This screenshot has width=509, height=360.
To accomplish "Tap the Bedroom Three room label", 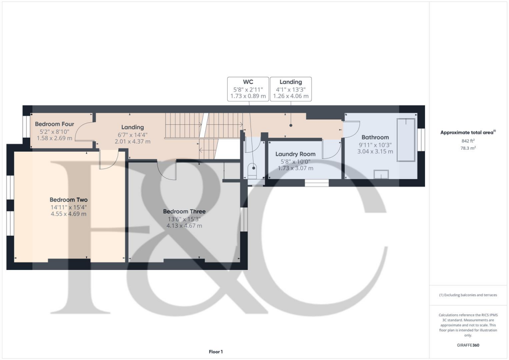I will click(184, 211).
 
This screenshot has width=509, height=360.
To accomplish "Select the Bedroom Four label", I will click(55, 124).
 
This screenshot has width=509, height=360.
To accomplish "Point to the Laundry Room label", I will click(295, 154).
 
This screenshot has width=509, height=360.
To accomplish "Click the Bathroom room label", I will click(375, 137).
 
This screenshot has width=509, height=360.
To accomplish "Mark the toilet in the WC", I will click(253, 172).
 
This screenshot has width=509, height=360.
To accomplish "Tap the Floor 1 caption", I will click(216, 352).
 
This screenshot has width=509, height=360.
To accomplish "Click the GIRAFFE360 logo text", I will click(468, 345).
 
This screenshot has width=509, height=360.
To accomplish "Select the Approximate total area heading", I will click(467, 132).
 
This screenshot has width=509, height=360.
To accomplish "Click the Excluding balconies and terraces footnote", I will click(468, 295).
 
